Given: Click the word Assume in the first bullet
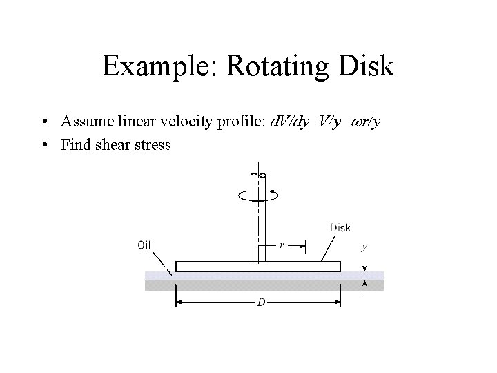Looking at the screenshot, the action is [x=85, y=123].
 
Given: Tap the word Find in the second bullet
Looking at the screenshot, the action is [x=73, y=145].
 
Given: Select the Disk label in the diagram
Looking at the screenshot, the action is [x=340, y=228].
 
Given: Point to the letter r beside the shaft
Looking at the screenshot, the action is [x=282, y=244].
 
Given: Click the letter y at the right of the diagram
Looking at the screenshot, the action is [x=364, y=245].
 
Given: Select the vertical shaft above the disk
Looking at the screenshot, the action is [x=257, y=221].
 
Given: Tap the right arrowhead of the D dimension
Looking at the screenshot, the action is [x=338, y=302].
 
